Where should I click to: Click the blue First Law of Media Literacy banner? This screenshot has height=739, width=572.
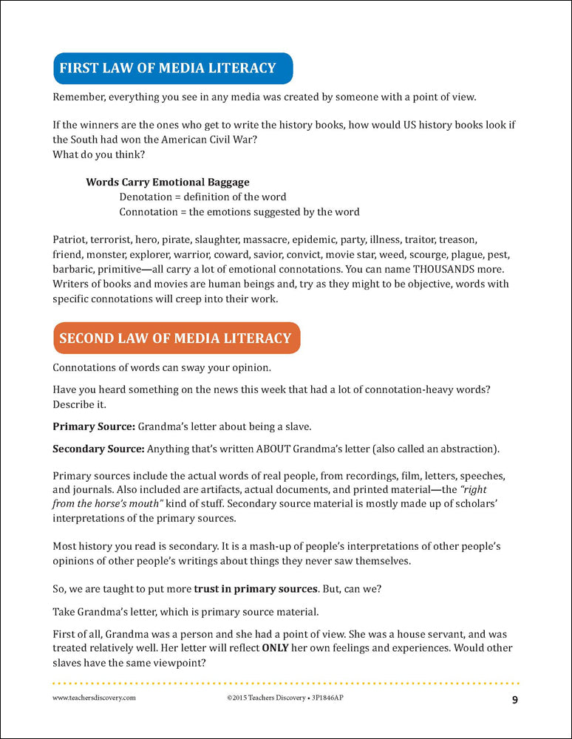click(x=172, y=68)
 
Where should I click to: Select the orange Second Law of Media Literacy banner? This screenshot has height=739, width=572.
click(x=176, y=338)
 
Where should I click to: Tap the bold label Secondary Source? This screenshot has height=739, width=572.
click(x=99, y=449)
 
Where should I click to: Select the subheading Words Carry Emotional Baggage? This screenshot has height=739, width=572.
click(x=168, y=182)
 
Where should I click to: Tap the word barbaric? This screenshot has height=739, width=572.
click(x=75, y=269)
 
